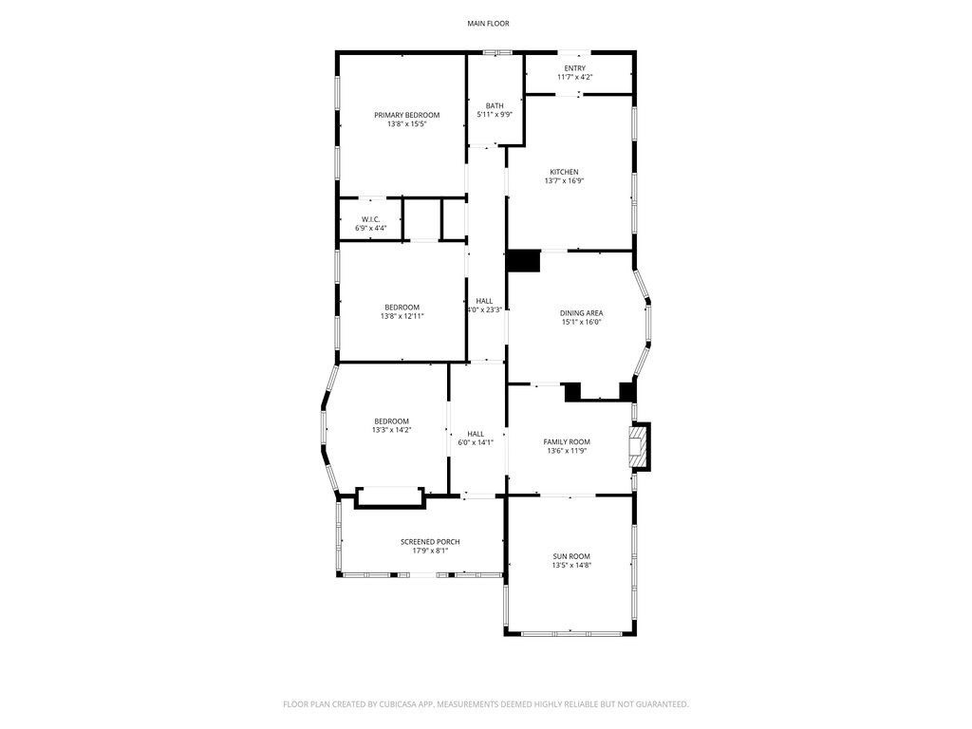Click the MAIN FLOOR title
coord(486,23)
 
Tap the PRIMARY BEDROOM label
coord(406,115)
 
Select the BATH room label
coord(495,105)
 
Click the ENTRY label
coord(575,68)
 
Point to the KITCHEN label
coord(564,172)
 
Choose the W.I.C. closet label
coord(370,219)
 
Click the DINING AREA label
coord(581,312)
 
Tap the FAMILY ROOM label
coord(567,441)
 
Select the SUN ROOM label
coord(571,555)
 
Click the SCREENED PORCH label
coord(430,541)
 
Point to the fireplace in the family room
coord(643,446)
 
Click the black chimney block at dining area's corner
coord(523,261)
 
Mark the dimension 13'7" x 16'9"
coord(564,181)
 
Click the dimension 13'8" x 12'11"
coord(402,316)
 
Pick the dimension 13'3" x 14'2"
coord(391,430)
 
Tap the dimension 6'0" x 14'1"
coord(476,442)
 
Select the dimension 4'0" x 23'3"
coord(484,309)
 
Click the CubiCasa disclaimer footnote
coord(486,704)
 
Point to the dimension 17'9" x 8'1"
coord(430,551)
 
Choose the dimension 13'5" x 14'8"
coord(571,565)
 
